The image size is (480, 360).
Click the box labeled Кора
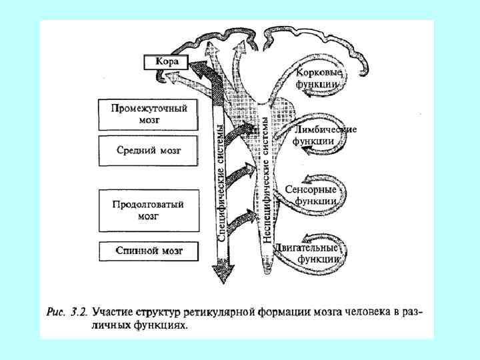point(166,62)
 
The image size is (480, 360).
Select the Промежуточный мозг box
point(148,115)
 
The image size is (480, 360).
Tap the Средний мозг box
point(148,151)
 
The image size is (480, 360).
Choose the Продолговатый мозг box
point(148,210)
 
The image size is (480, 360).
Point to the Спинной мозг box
point(148,251)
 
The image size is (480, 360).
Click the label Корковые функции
point(319,79)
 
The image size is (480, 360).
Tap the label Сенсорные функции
point(315,194)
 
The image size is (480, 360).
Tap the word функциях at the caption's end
point(163,326)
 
